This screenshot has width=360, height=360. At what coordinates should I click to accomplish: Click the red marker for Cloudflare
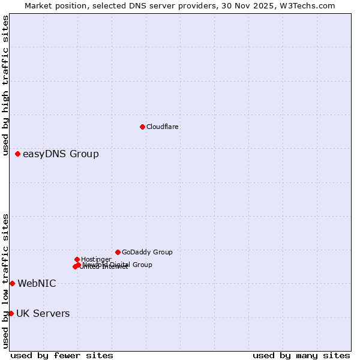tap(142, 127)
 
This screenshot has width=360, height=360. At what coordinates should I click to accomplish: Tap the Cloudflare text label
tap(163, 127)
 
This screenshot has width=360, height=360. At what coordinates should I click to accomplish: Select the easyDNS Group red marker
tap(18, 154)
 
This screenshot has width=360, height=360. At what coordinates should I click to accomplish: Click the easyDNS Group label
tap(61, 154)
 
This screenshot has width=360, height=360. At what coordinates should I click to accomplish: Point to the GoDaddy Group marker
tap(118, 252)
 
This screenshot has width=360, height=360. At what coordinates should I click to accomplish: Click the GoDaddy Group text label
tap(147, 252)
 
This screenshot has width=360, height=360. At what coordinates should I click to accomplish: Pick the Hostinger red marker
tap(77, 259)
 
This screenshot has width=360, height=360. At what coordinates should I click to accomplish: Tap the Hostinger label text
tap(96, 259)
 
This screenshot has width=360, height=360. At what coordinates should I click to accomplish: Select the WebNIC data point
tap(12, 283)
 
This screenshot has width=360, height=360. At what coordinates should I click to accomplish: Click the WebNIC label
tap(37, 283)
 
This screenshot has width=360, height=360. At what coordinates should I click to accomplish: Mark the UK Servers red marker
tap(11, 313)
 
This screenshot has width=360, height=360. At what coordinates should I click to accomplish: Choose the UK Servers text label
tap(43, 313)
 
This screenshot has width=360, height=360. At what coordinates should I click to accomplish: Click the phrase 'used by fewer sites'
tap(62, 355)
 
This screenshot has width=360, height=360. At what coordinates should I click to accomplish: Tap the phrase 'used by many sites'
tap(301, 355)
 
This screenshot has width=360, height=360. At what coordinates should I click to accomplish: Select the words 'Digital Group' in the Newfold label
tap(133, 265)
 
